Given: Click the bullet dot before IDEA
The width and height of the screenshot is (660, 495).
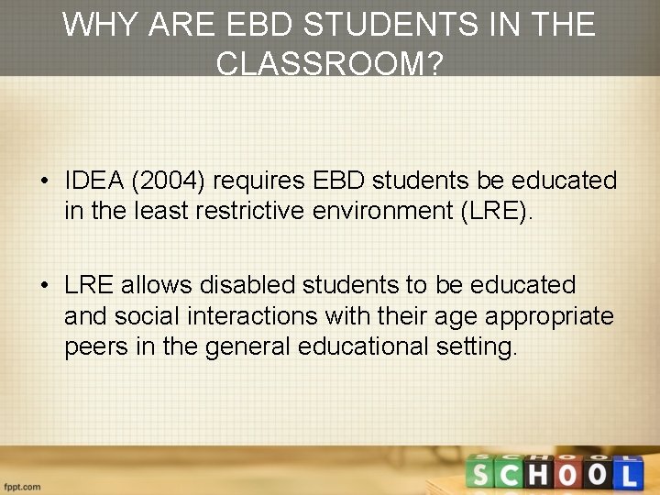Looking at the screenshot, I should [44, 181].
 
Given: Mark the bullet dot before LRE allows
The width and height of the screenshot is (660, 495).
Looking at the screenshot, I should [44, 286].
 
